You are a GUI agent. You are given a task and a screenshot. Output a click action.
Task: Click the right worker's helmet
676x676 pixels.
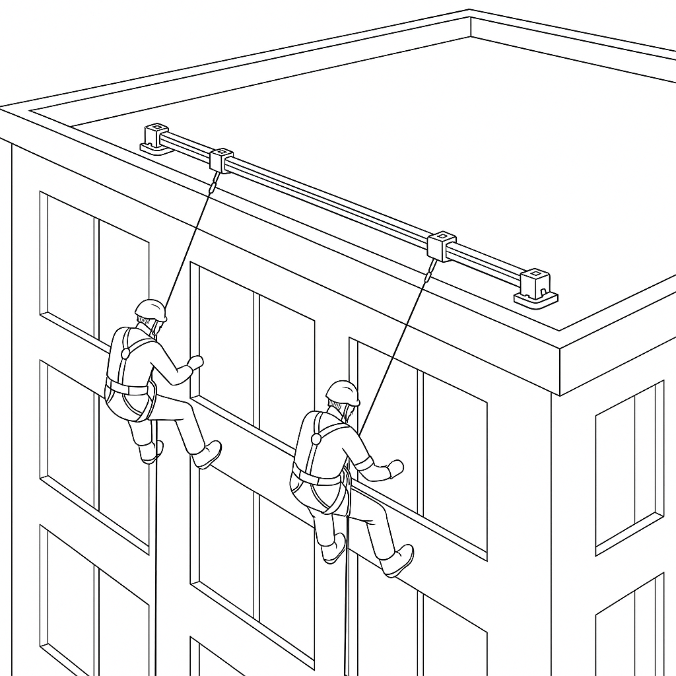(343, 392)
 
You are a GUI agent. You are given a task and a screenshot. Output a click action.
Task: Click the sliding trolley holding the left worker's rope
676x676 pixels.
(221, 160)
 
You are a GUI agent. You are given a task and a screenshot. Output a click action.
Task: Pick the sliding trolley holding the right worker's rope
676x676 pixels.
(442, 246)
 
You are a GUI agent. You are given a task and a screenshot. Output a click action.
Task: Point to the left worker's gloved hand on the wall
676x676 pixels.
(195, 362)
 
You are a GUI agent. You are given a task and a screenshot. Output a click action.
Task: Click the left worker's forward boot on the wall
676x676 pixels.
(208, 454)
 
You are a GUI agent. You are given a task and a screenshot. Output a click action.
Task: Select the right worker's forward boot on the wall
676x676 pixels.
(400, 560)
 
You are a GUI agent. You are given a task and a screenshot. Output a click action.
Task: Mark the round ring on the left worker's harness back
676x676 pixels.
(125, 354)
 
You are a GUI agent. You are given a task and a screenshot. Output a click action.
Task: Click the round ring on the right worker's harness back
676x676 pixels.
(316, 438)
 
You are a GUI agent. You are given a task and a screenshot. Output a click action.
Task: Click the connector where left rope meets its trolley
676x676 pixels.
(213, 184)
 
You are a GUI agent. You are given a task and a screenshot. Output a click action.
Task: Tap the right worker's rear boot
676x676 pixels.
(335, 549)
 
